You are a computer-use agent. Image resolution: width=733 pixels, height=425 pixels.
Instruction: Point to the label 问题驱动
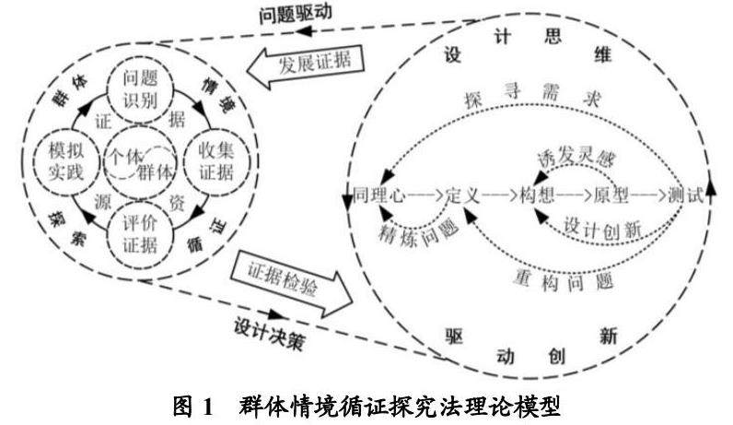[x=296, y=13]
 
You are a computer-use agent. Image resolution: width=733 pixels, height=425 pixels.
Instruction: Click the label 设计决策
[x=269, y=335]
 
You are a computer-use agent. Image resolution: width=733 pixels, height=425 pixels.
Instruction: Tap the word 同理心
[x=379, y=195]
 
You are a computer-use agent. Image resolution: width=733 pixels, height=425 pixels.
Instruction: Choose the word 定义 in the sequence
[x=462, y=195]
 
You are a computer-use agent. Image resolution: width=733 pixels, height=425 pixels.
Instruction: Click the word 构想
[x=537, y=195]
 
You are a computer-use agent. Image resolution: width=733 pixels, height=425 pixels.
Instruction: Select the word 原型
[x=611, y=195]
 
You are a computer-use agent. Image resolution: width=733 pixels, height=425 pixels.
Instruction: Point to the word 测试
[x=686, y=195]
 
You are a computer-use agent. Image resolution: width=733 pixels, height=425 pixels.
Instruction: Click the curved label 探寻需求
[x=532, y=96]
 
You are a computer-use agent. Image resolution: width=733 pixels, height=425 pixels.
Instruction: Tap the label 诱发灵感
[x=576, y=159]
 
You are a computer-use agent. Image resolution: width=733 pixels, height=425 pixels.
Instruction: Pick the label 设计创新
[x=602, y=228]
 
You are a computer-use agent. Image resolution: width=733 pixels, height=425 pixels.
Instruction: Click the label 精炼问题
[x=418, y=232]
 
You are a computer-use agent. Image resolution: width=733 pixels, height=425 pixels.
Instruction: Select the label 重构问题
[x=564, y=280]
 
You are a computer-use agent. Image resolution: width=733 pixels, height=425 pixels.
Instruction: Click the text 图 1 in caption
[x=193, y=406]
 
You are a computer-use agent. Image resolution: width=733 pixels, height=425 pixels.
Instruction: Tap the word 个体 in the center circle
[x=124, y=156]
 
